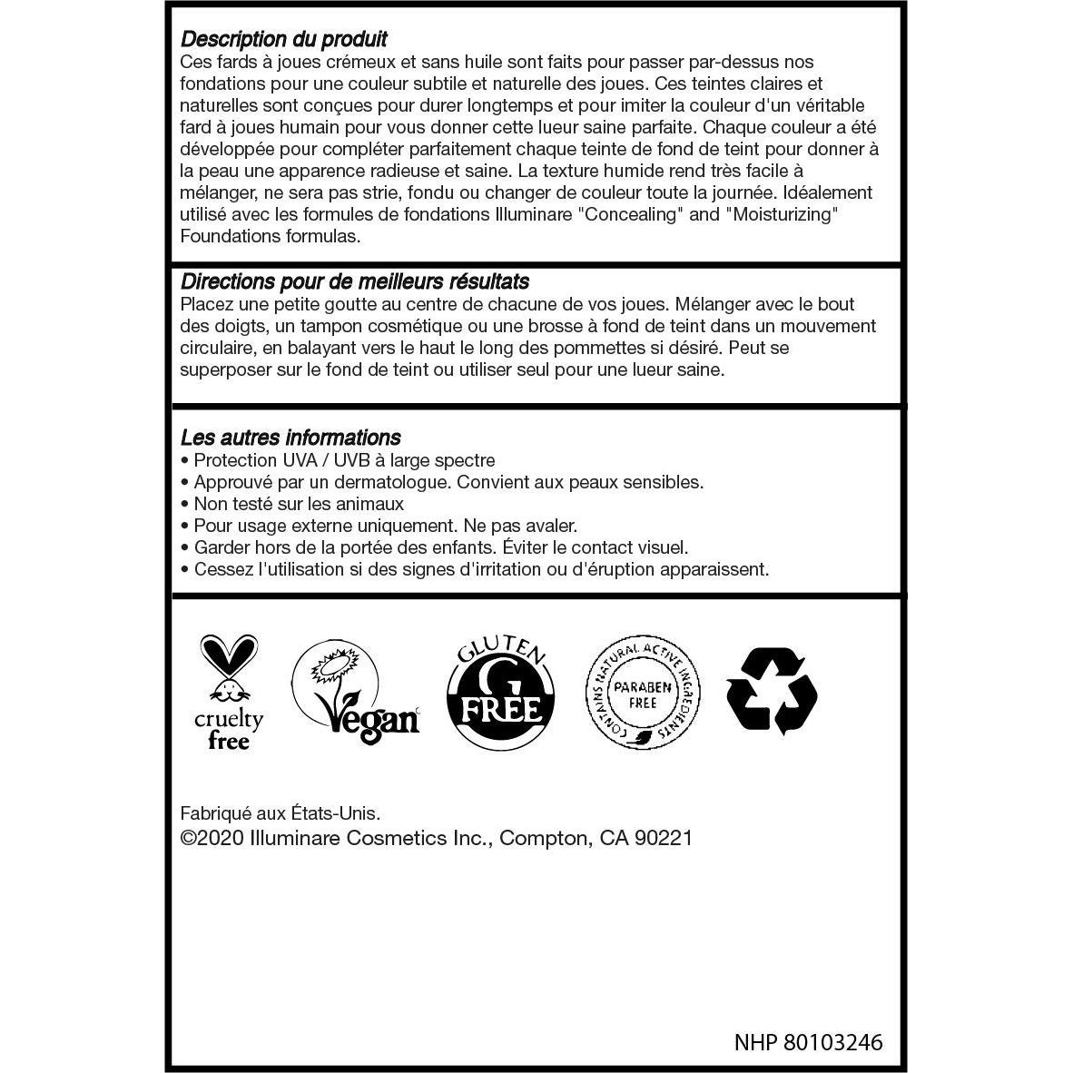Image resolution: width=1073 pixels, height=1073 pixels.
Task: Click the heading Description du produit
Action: (283, 39)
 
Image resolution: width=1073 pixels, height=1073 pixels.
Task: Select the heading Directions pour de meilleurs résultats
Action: (354, 281)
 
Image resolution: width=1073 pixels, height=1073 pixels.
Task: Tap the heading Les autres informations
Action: (290, 438)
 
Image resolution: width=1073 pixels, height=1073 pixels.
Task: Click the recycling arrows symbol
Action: (773, 689)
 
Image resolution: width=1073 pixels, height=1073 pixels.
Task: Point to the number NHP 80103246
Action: (808, 1042)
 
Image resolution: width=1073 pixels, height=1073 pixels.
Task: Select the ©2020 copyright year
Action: (212, 838)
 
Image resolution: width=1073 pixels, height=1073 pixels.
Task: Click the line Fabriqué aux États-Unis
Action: (281, 814)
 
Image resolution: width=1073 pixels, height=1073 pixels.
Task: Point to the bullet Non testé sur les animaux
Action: (299, 504)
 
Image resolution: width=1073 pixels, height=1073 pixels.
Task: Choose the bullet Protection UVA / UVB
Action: (344, 460)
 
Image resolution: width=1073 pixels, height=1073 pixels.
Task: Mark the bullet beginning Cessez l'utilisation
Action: (481, 569)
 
